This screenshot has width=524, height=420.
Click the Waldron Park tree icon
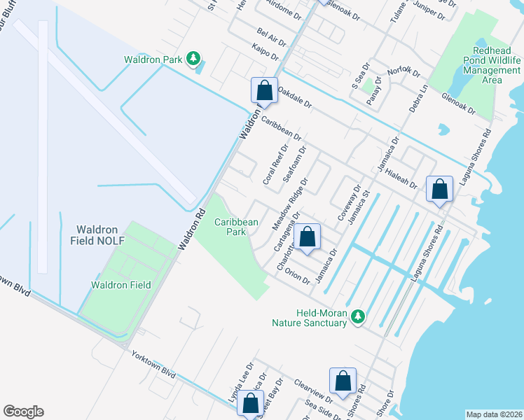tap(194, 59)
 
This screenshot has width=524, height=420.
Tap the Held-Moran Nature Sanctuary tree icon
tap(358, 317)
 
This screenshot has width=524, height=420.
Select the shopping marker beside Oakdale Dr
tap(263, 90)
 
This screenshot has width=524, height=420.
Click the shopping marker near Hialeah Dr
tap(439, 189)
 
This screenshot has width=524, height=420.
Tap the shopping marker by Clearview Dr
tap(343, 381)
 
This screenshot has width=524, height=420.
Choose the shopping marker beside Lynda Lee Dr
tap(250, 404)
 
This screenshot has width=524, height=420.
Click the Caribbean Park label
tap(236, 227)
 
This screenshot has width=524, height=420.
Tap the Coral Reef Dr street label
tap(275, 165)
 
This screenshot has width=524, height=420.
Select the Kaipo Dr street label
tap(265, 51)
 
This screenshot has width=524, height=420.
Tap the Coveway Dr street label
tap(350, 204)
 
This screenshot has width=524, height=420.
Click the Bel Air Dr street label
tap(273, 34)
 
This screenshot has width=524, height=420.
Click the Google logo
tap(23, 412)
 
